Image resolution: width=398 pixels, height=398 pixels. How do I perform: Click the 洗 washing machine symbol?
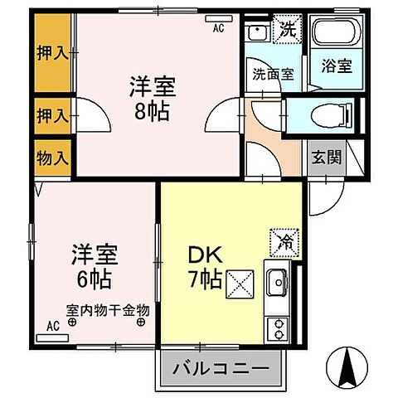pyautogui.click(x=286, y=32)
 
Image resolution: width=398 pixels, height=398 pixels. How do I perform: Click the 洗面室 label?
pyautogui.click(x=273, y=73)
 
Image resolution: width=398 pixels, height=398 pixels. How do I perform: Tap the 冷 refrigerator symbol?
pyautogui.click(x=279, y=243)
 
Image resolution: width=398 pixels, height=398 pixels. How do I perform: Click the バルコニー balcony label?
pyautogui.click(x=221, y=367)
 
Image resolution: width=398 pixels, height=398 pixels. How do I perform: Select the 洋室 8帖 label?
pyautogui.click(x=151, y=98)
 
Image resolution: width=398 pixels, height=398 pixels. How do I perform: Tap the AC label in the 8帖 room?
pyautogui.click(x=219, y=27)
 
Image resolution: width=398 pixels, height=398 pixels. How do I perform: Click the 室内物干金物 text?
pyautogui.click(x=108, y=311)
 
